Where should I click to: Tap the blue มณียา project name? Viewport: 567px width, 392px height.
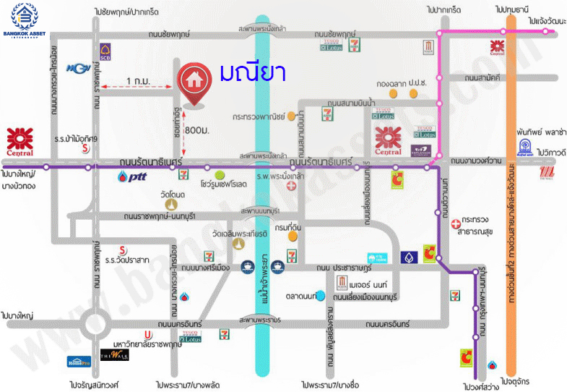[x=254, y=73]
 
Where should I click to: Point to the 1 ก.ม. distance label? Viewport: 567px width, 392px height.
[x=138, y=80]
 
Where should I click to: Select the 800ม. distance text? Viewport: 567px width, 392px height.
[x=197, y=129]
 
